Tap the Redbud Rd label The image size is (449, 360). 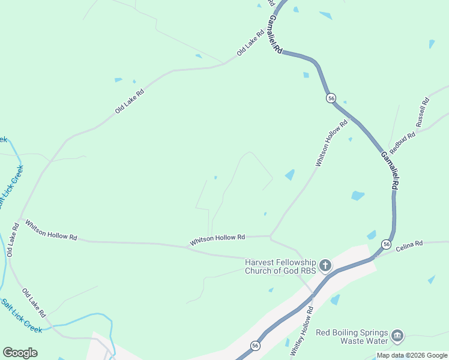coord(402,142)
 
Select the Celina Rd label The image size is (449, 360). coord(409,244)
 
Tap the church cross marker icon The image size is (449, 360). coord(325,265)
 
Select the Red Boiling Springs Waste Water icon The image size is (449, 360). coord(397,335)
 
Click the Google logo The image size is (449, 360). coord(20,352)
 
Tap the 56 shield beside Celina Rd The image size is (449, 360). coord(386,245)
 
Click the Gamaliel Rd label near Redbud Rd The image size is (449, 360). coord(389,170)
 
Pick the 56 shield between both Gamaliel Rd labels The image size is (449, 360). coord(331,98)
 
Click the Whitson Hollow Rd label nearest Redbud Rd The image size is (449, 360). coord(331,144)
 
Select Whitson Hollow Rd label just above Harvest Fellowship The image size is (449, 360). coord(217,239)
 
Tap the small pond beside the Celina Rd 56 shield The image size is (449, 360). coord(372,235)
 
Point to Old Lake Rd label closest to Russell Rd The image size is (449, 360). coord(251,44)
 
